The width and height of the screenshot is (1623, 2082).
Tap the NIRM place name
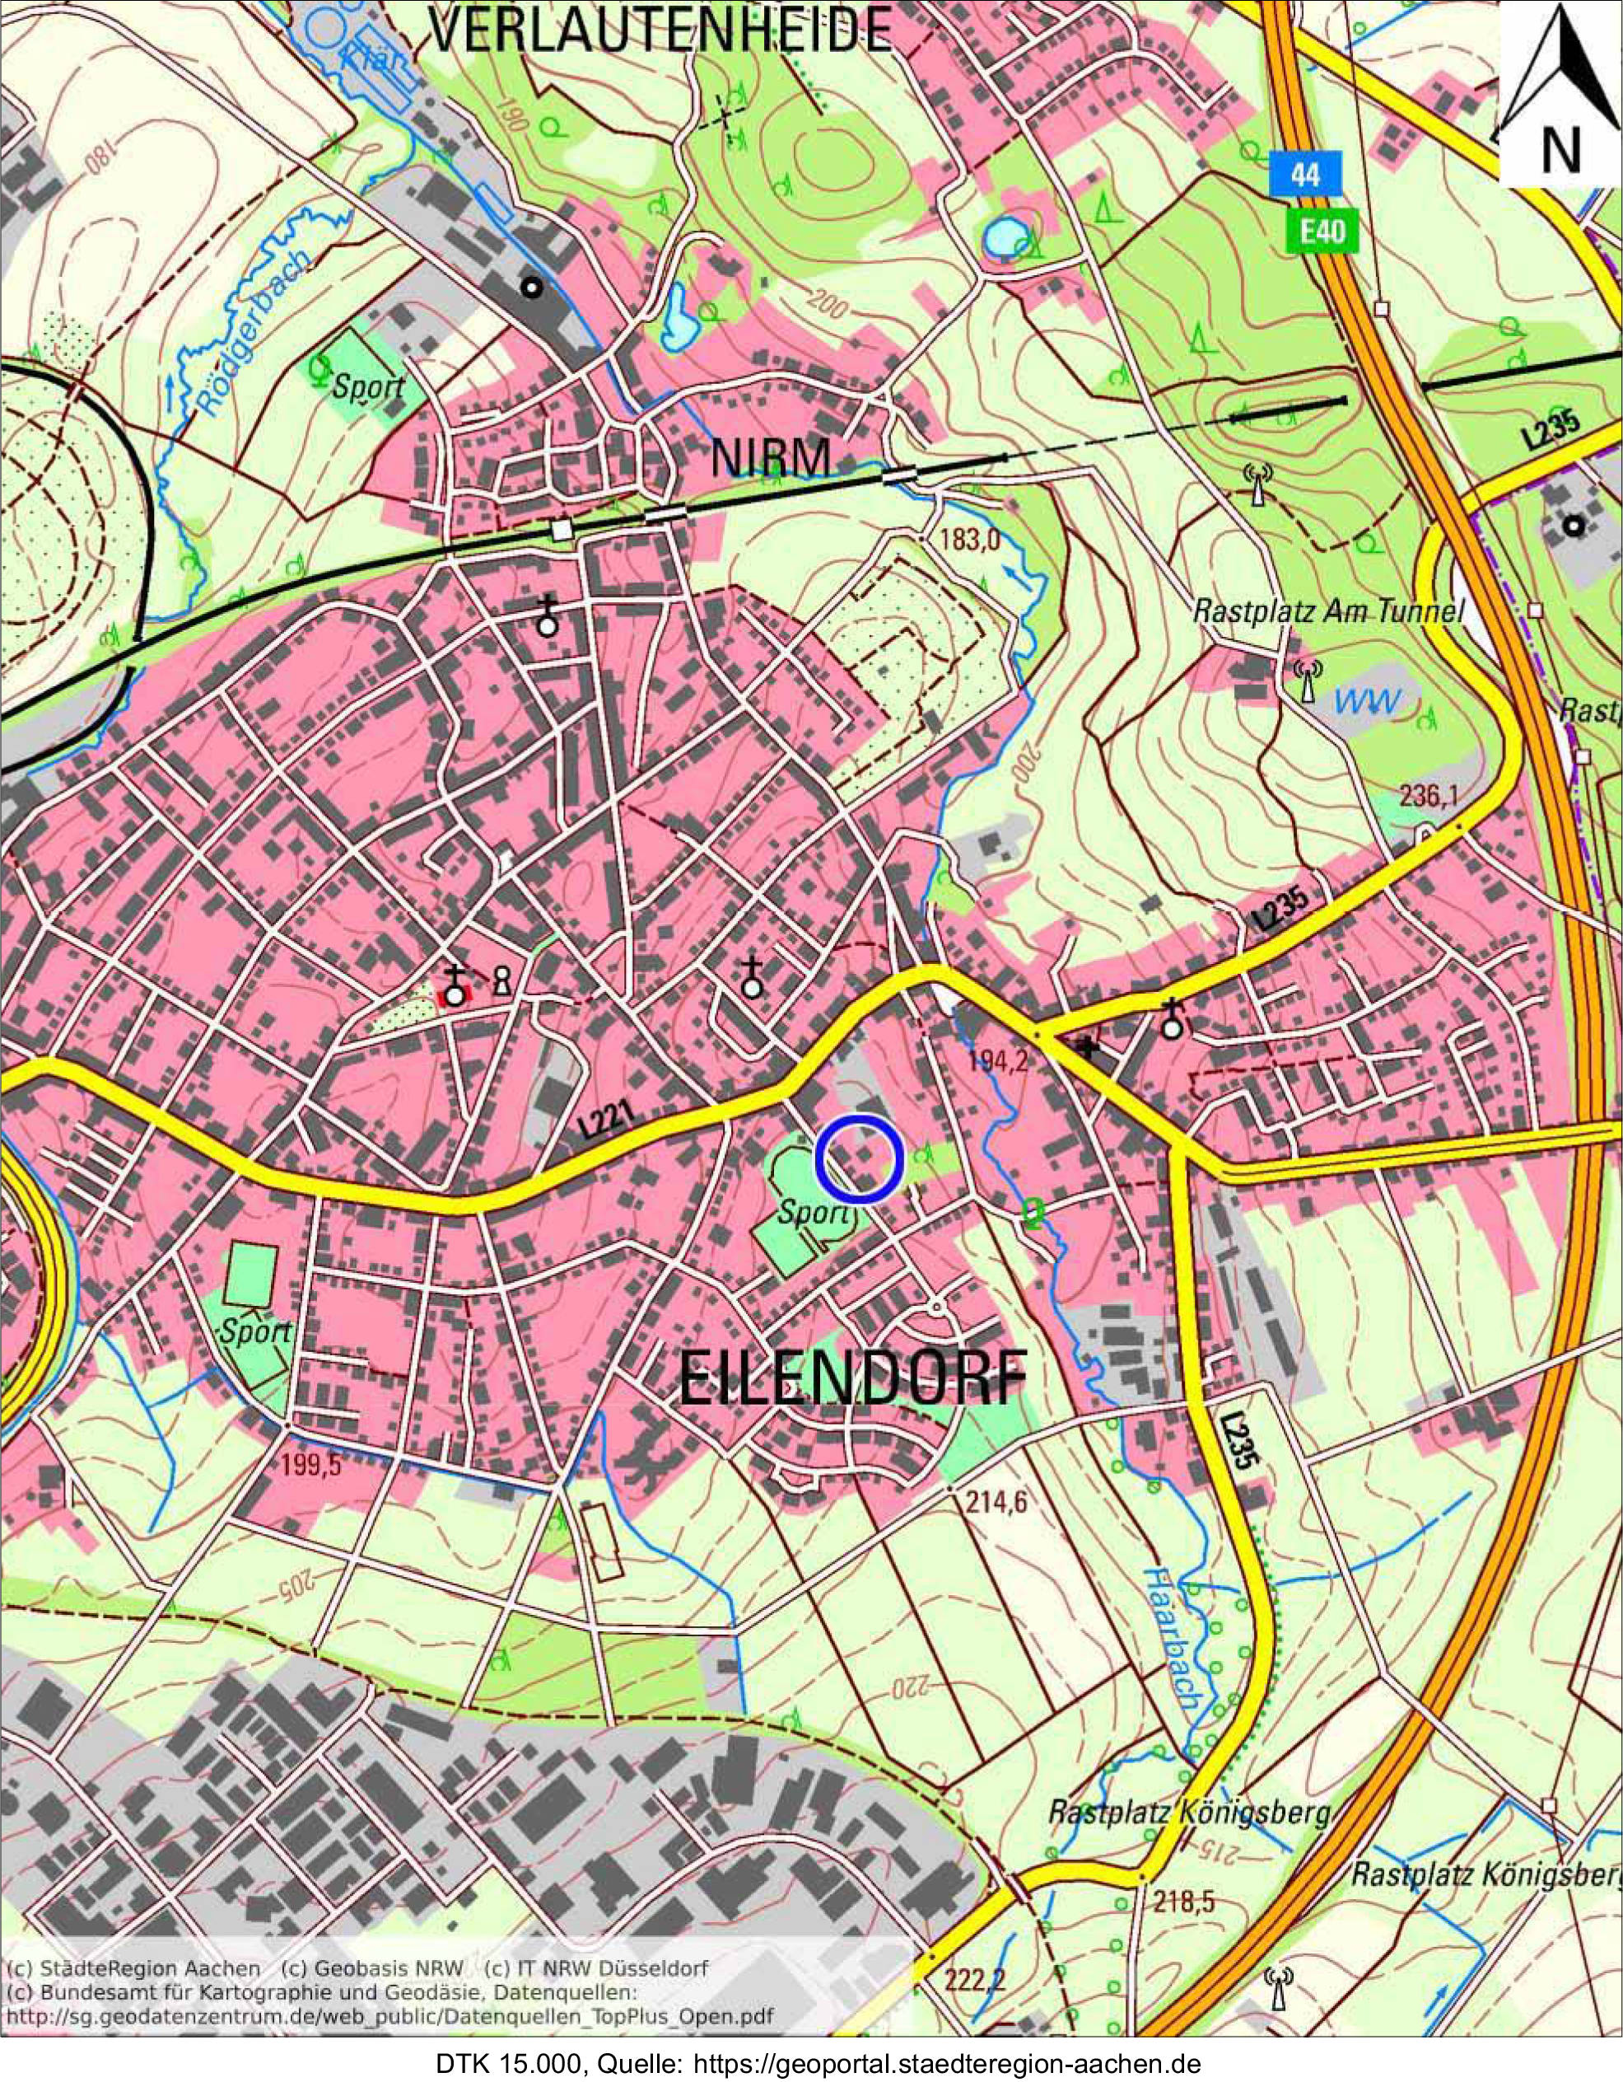pyautogui.click(x=772, y=459)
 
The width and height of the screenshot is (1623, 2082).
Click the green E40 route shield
pyautogui.click(x=1321, y=231)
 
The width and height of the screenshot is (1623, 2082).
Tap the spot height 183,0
pyautogui.click(x=968, y=540)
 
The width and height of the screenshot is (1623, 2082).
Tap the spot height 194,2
pyautogui.click(x=997, y=1063)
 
